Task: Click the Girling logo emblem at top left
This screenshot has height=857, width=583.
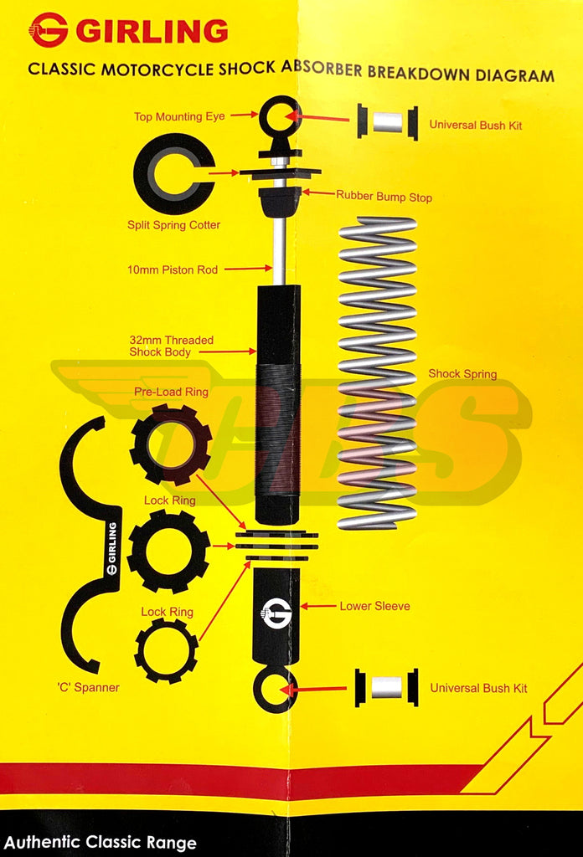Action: click(x=48, y=30)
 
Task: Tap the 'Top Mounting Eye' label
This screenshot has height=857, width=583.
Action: click(x=179, y=116)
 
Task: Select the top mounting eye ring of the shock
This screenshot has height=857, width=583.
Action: click(x=279, y=117)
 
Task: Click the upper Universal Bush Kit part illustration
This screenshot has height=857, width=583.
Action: click(x=387, y=121)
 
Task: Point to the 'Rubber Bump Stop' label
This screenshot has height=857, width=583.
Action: click(x=384, y=198)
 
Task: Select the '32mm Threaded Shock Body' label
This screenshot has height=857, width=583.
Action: click(x=171, y=346)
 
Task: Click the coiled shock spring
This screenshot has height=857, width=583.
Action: click(x=377, y=372)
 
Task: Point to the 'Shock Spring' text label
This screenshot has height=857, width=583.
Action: click(x=462, y=374)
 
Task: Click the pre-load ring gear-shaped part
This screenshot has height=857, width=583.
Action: click(x=171, y=444)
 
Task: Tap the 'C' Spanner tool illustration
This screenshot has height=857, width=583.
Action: click(x=90, y=544)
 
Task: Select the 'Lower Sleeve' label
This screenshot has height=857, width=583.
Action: click(x=374, y=606)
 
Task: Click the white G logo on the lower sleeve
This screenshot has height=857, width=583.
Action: click(x=276, y=613)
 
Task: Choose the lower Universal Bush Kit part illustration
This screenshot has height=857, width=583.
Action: click(x=386, y=688)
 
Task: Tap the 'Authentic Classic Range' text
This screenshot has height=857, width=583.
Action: click(x=100, y=842)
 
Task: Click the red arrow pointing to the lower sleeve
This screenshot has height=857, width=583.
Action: click(x=318, y=605)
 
